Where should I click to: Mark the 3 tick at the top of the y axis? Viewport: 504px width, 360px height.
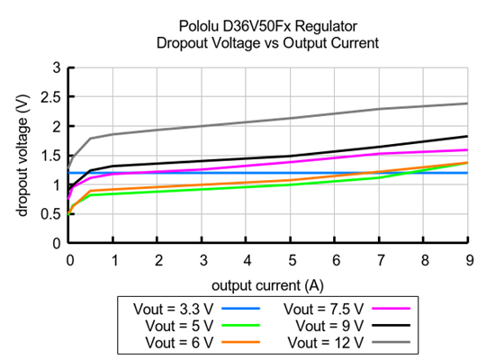(58, 67)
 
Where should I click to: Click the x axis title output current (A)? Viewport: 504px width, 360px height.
(268, 285)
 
